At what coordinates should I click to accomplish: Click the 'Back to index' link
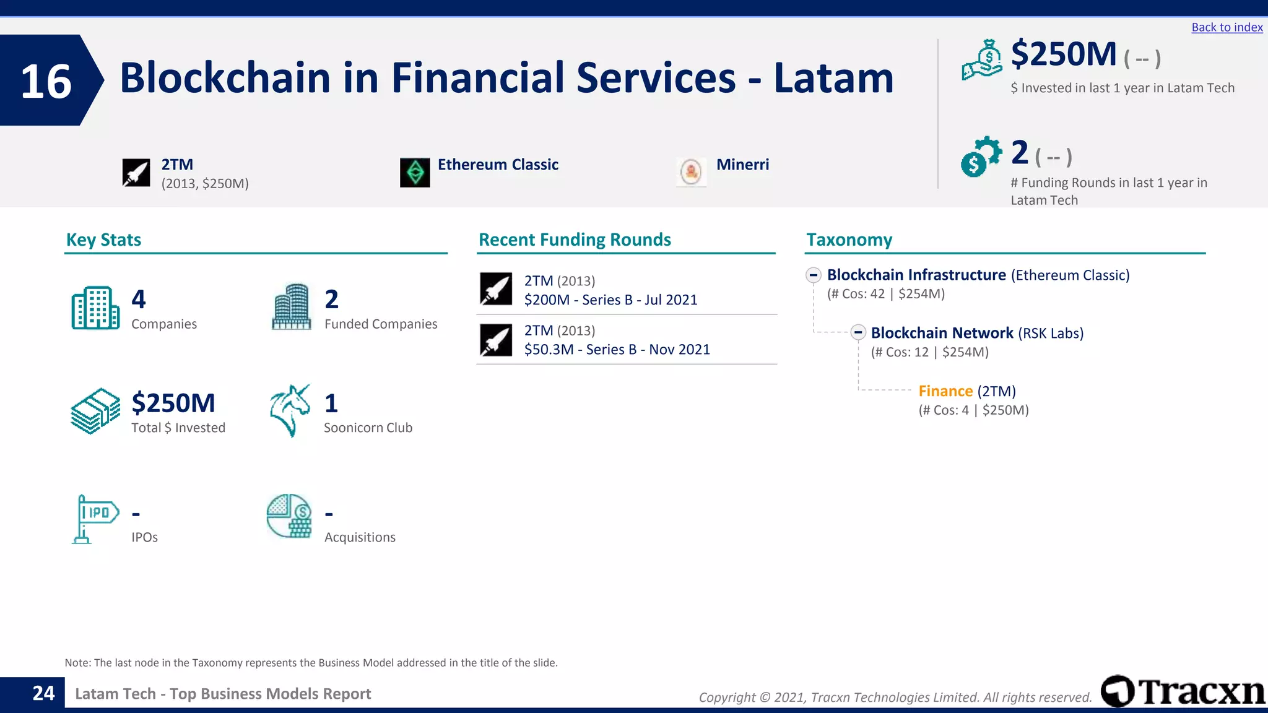pos(1227,27)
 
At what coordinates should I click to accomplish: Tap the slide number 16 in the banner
pos(46,81)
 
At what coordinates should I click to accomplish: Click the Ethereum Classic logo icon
pos(415,173)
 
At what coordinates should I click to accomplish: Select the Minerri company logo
pos(691,171)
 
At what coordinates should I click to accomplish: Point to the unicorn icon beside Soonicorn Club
pos(289,410)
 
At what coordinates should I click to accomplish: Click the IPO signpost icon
pos(95,519)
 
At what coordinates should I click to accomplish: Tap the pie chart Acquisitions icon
pos(289,516)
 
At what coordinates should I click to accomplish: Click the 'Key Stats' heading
pos(103,240)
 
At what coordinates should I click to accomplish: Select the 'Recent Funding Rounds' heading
pos(575,240)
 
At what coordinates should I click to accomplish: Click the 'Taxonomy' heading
pos(849,240)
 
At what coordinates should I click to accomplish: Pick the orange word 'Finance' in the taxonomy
pos(945,391)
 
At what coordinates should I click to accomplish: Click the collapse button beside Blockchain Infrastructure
pos(814,275)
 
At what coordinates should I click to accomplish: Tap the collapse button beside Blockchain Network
pos(858,332)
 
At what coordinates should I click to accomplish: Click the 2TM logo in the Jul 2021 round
pos(496,289)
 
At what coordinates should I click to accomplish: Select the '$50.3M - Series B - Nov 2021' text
pos(617,350)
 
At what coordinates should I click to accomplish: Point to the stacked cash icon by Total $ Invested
pos(95,411)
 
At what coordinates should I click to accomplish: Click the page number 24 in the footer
pos(43,693)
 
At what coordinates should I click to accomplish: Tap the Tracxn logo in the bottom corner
pos(1183,691)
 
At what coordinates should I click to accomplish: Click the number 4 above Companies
pos(139,300)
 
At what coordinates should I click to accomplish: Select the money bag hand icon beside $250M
pos(982,59)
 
